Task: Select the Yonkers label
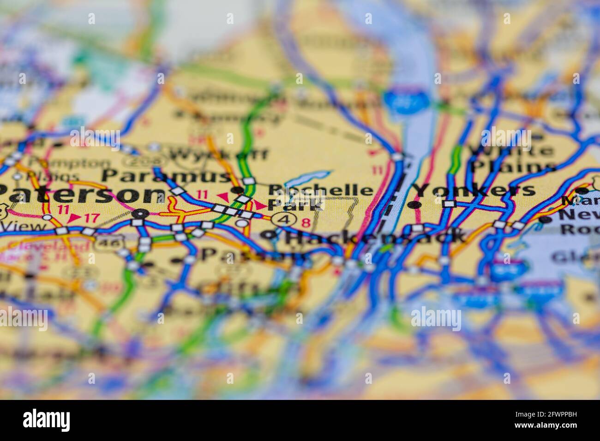tap(473, 190)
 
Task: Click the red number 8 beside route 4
tap(306, 222)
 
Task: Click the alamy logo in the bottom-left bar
tap(46, 420)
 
